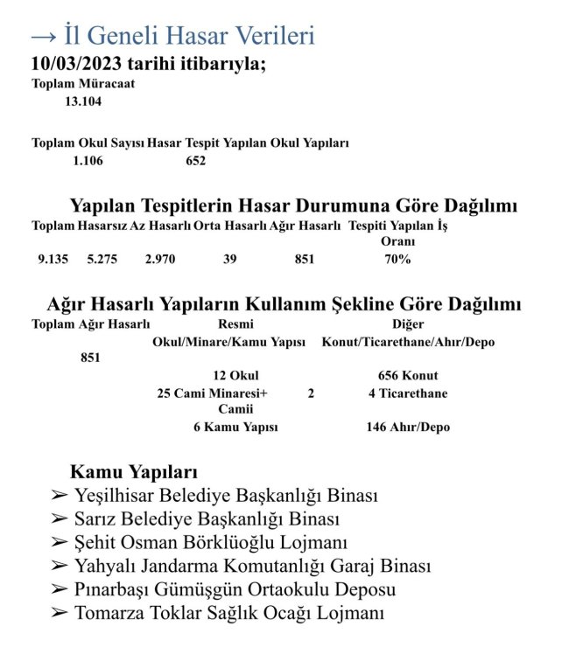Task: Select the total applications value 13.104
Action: (83, 101)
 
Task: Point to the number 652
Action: (196, 160)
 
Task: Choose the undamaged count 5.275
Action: (102, 259)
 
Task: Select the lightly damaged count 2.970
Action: (161, 259)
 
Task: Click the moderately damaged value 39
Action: (229, 259)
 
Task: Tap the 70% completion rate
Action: (397, 259)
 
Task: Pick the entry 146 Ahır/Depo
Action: (408, 428)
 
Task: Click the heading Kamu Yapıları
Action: (133, 473)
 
